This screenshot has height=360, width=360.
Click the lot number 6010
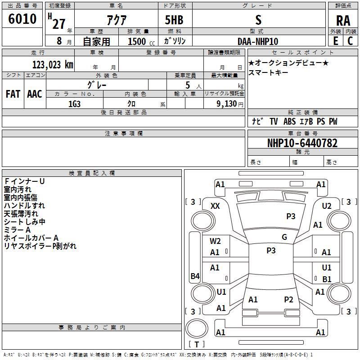pos(22,19)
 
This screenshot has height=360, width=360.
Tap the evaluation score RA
pos(343,21)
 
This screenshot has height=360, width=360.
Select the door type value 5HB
pos(174,20)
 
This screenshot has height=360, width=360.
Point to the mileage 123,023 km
pos(53,64)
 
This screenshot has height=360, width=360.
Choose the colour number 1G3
pos(74,103)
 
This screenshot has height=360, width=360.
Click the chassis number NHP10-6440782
pos(302,143)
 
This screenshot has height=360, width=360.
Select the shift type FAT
pos(13,94)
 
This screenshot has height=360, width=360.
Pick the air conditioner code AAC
pos(35,94)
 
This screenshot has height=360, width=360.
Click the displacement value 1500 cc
pos(138,42)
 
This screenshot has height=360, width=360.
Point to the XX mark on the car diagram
pos(215,206)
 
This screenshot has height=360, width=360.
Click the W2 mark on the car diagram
pos(215,241)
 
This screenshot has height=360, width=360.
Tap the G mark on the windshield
pos(284,237)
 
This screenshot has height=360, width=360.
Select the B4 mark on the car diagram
pos(195,276)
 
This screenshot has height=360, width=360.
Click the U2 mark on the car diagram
pos(327,206)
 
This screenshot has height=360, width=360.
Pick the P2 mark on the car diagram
pos(288,299)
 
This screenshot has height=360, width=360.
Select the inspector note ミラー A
pos(18,230)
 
